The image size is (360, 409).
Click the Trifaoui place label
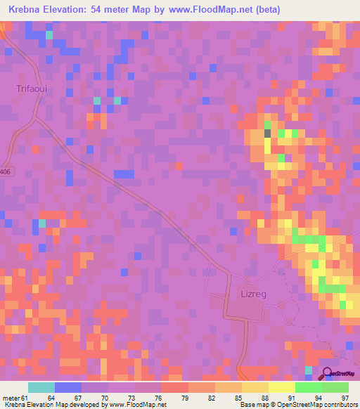(x=30, y=89)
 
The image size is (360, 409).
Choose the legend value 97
(x=344, y=398)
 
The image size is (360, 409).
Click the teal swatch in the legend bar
(x=41, y=387)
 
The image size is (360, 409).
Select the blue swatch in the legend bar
(x=68, y=387)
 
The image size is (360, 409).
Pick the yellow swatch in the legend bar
(x=281, y=387)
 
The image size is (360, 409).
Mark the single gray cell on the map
(x=267, y=132)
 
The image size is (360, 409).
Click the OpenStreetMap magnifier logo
(x=326, y=373)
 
